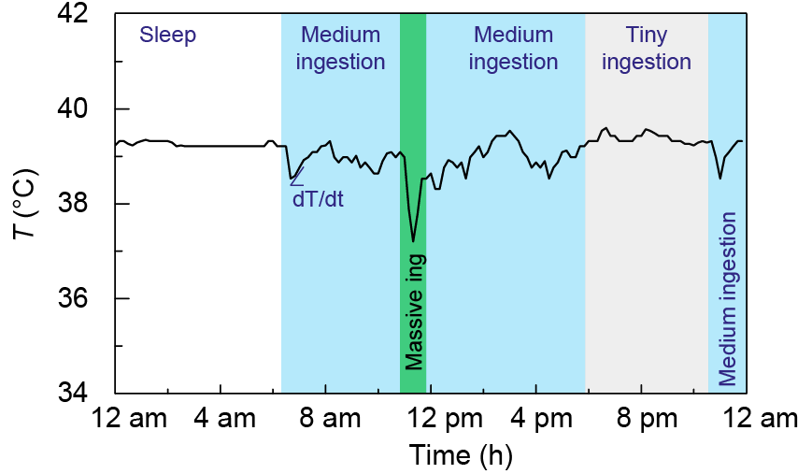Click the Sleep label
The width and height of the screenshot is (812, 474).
[168, 36]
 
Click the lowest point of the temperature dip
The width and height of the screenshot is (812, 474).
[413, 241]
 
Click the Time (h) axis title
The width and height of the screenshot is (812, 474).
[461, 455]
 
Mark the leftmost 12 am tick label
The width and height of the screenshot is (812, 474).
[129, 418]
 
